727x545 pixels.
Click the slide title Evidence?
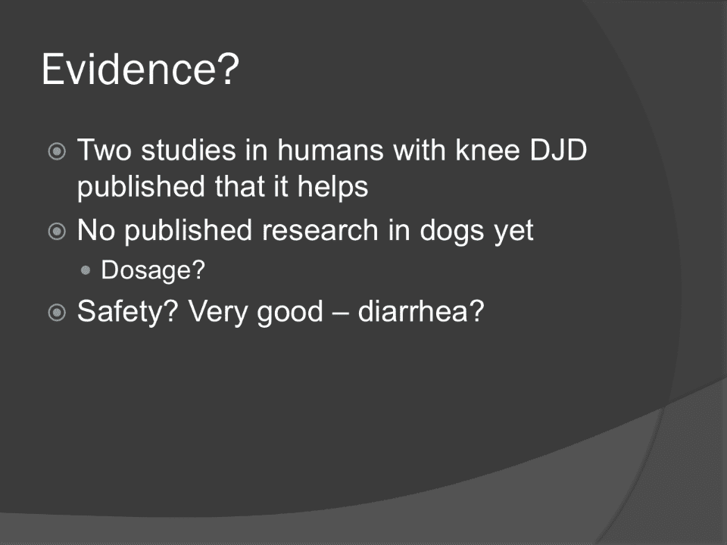[140, 70]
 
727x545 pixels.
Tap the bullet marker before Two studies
[57, 151]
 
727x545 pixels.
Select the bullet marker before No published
[57, 232]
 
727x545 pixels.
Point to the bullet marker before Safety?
[57, 312]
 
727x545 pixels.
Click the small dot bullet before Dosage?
[86, 270]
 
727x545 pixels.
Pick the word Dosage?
[153, 269]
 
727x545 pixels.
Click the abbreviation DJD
[558, 150]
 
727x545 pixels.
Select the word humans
[330, 150]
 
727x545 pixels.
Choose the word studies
[189, 150]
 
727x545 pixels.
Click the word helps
[333, 187]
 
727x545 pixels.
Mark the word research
[320, 230]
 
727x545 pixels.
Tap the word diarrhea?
[421, 311]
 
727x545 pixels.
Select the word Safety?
[127, 311]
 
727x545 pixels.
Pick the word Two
[105, 150]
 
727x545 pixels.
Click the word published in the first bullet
[141, 187]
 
